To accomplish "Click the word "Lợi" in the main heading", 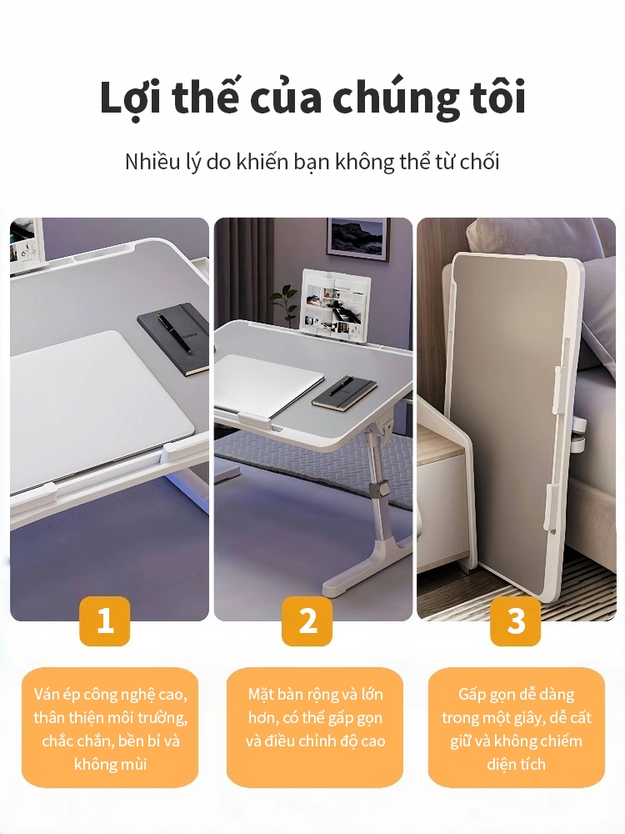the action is tap(130, 97).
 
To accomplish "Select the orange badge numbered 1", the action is tap(105, 620).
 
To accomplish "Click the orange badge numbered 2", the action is tap(307, 620).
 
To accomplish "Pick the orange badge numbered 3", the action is tap(516, 620).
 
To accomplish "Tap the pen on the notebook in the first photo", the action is tap(174, 333).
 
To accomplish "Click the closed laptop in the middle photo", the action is tap(269, 383).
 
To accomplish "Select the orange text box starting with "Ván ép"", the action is tap(110, 727).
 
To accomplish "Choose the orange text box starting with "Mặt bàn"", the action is tap(315, 727).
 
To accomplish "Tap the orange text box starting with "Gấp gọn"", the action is tap(517, 727).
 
